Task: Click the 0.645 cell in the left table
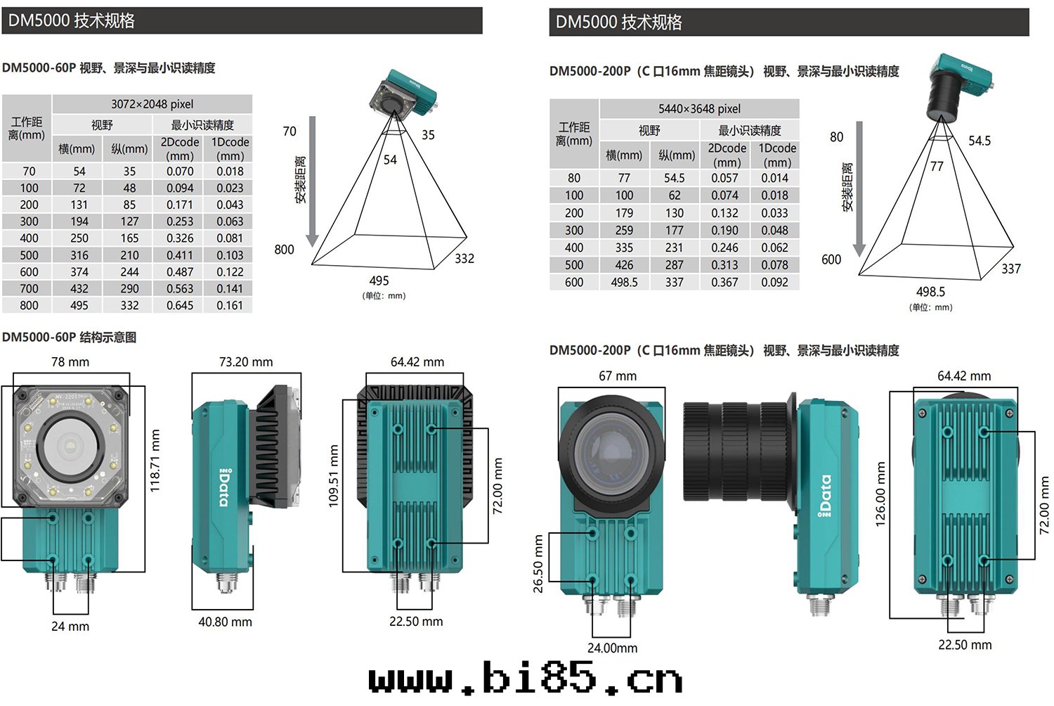click(180, 305)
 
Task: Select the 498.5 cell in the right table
click(624, 282)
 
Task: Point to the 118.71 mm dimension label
click(155, 461)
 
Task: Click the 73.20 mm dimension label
click(246, 361)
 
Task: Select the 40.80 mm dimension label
click(225, 622)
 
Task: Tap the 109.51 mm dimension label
click(333, 475)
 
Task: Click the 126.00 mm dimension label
click(880, 494)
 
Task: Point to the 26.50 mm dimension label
click(538, 563)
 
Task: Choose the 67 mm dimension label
click(618, 376)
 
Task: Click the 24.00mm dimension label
click(612, 648)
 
